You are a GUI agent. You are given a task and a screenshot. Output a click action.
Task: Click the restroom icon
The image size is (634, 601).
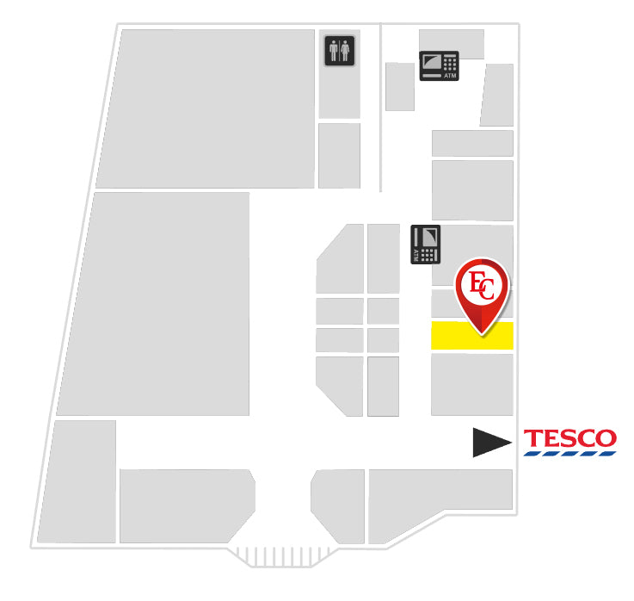340,51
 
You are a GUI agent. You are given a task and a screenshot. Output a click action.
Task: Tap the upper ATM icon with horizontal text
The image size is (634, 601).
439,65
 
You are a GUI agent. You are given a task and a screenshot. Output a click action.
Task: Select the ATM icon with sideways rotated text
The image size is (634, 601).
425,245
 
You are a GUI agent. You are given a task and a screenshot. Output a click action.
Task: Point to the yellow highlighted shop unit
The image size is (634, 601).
472,336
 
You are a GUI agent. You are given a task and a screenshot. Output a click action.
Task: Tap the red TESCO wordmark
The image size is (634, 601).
570,438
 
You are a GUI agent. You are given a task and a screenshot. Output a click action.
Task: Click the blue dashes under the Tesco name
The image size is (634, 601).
569,454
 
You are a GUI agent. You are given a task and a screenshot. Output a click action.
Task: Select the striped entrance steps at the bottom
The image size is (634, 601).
282,557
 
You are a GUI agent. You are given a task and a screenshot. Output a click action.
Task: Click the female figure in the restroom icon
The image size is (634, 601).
345,51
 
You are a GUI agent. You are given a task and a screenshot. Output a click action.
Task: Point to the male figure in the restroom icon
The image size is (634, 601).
334,51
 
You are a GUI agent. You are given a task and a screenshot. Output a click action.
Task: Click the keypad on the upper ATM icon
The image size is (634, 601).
450,63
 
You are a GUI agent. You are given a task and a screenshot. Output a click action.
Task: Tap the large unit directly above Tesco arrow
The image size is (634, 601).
472,385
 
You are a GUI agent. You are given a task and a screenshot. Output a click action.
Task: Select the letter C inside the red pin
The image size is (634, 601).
488,289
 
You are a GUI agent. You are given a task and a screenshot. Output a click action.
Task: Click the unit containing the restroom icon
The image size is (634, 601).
340,74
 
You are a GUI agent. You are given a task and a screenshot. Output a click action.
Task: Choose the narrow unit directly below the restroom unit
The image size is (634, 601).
339,156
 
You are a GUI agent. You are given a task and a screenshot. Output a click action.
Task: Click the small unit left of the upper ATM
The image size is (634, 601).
400,87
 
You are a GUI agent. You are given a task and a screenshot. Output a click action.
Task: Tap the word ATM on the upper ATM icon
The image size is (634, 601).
450,76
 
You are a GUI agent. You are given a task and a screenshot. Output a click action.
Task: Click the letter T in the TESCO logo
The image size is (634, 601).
532,438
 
